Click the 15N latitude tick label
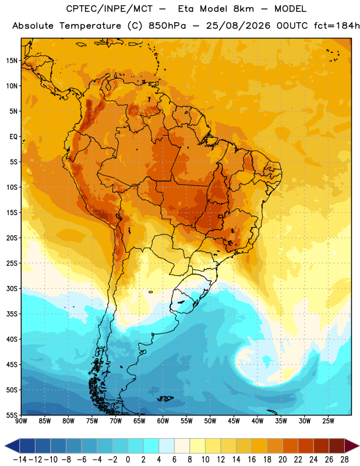point(12,61)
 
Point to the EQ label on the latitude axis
point(13,137)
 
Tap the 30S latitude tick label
point(12,288)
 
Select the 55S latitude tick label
point(12,415)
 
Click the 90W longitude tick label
point(21,421)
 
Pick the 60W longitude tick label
point(163,421)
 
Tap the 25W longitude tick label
point(328,421)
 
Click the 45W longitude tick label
point(234,421)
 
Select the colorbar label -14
point(20,460)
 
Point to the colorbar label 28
point(344,460)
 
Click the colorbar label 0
point(128,460)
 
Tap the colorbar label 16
point(252,460)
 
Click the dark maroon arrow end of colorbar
point(351,446)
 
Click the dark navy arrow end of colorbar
point(12,446)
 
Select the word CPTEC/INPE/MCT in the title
point(110,9)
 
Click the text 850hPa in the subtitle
point(167,26)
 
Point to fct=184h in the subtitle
point(337,26)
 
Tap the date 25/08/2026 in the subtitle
point(238,26)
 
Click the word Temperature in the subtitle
point(90,26)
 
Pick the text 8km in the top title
point(243,9)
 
